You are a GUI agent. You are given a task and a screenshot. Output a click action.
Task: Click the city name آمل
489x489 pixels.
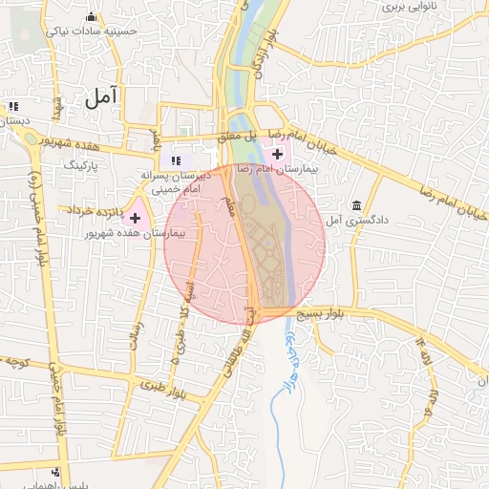click(x=99, y=96)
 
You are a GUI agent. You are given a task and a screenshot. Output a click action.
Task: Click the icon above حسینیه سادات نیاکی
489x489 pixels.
click(x=92, y=16)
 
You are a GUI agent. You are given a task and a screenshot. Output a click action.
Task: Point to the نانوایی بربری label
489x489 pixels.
click(x=410, y=6)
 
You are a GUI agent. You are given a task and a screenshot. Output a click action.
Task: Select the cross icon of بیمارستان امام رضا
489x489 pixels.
click(x=277, y=154)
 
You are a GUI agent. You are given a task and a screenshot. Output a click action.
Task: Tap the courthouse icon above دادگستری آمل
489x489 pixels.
click(x=357, y=205)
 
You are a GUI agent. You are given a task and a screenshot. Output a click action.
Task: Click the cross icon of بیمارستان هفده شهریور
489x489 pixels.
click(x=135, y=219)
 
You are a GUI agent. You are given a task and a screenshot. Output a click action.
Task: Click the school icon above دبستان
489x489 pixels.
click(x=13, y=107)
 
